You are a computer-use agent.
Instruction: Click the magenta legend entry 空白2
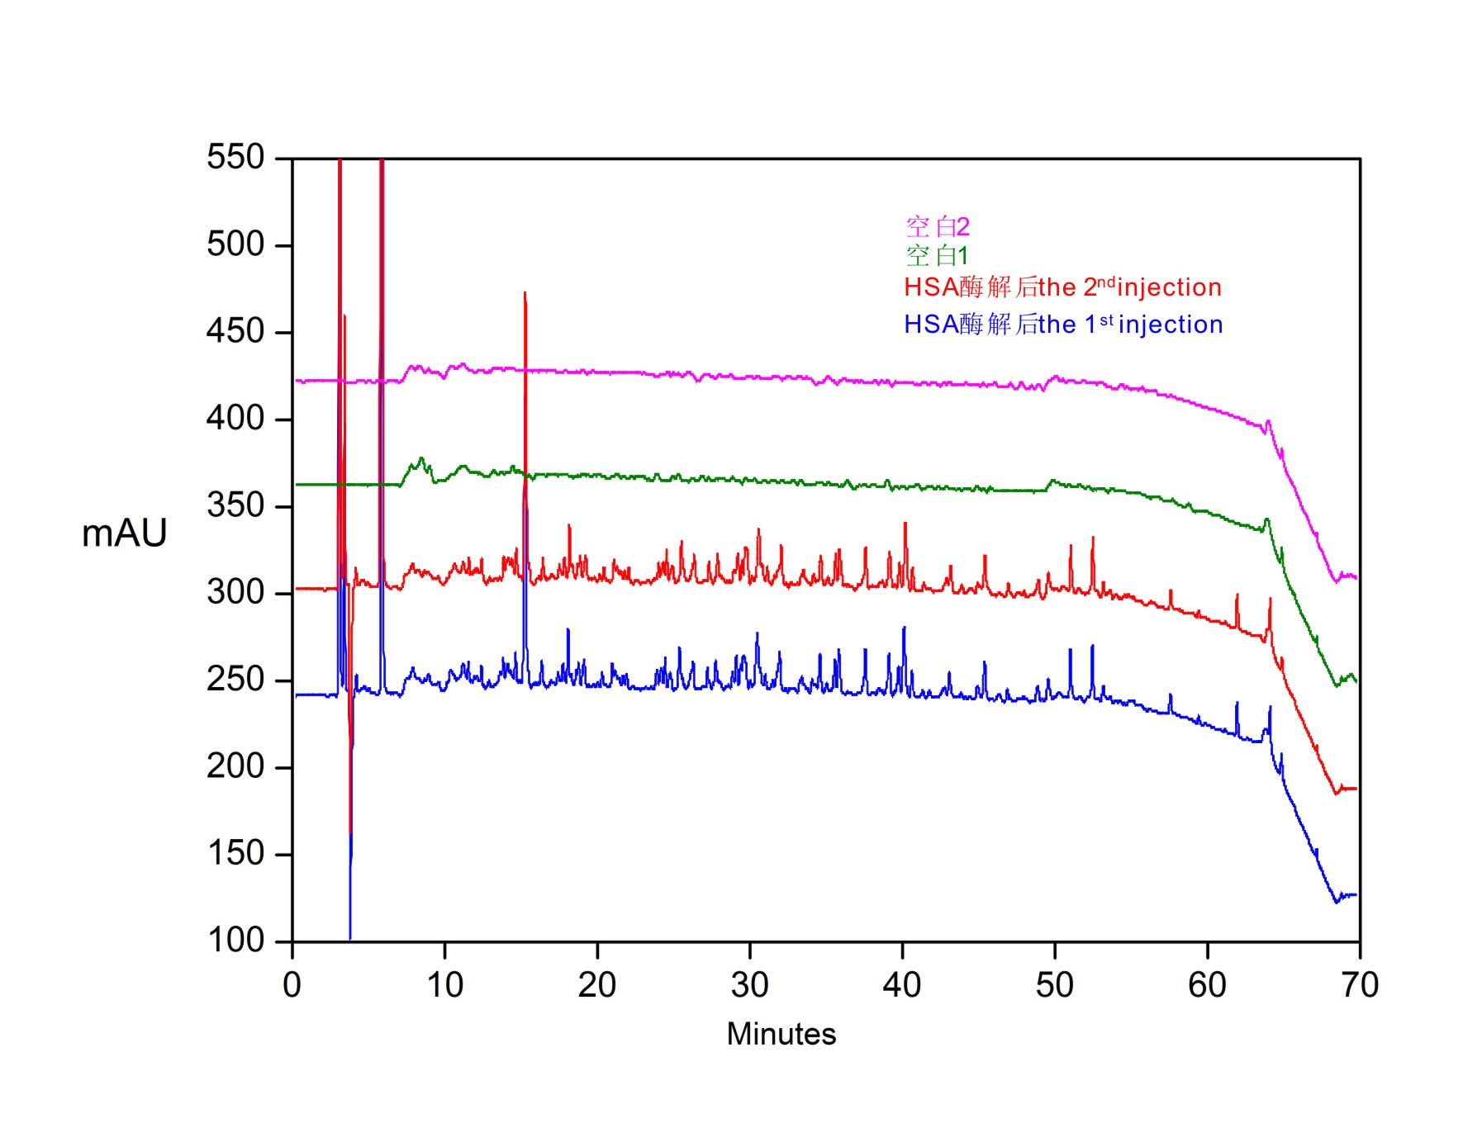tap(937, 226)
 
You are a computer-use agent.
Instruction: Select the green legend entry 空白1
tap(937, 255)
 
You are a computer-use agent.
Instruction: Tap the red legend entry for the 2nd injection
tap(1062, 287)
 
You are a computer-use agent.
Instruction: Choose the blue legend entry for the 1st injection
tap(1063, 325)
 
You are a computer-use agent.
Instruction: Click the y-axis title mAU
tap(124, 533)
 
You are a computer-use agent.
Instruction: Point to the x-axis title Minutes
tap(781, 1034)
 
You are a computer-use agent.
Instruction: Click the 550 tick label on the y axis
tap(235, 157)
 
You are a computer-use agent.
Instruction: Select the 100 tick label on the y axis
tap(235, 940)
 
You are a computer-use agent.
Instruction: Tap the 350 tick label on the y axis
tap(235, 505)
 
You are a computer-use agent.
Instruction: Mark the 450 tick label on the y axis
tap(235, 331)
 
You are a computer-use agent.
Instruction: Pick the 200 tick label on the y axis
tap(235, 766)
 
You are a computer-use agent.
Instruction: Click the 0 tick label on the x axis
tap(292, 985)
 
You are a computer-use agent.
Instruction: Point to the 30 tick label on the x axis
tap(749, 985)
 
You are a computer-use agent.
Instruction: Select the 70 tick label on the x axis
tap(1360, 985)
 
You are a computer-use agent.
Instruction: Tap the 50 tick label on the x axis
tap(1055, 985)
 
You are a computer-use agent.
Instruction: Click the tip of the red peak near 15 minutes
tap(525, 293)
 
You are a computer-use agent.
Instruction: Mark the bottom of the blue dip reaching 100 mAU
tap(350, 938)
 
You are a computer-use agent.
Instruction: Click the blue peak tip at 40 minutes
tap(905, 628)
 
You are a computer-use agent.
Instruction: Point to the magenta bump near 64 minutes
tap(1268, 422)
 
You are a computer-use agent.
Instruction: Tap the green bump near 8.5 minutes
tap(422, 458)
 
